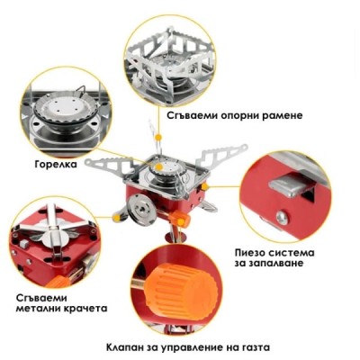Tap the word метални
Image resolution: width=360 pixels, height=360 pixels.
(x=41, y=308)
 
